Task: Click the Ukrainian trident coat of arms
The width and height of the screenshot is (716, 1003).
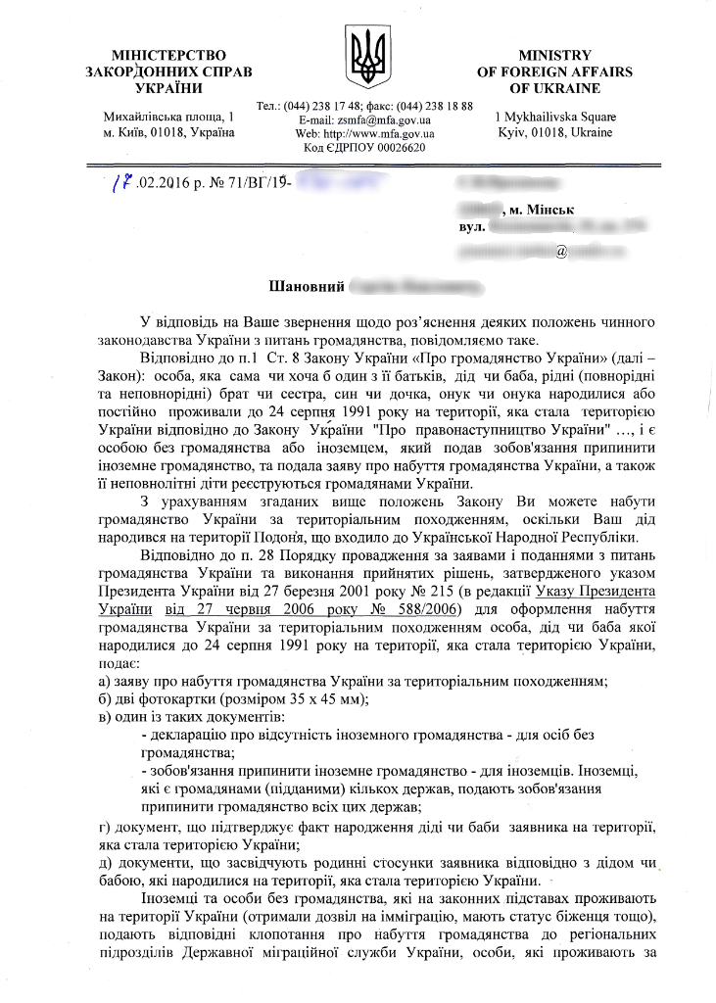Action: pyautogui.click(x=369, y=58)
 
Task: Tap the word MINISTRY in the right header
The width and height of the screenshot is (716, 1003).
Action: pyautogui.click(x=554, y=55)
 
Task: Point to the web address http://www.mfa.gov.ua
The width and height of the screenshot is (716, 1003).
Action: pyautogui.click(x=379, y=133)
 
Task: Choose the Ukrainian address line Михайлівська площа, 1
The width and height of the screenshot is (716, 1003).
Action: pyautogui.click(x=167, y=118)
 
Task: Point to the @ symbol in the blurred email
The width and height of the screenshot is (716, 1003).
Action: pyautogui.click(x=561, y=252)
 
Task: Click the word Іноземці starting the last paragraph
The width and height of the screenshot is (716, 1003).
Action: pyautogui.click(x=175, y=897)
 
